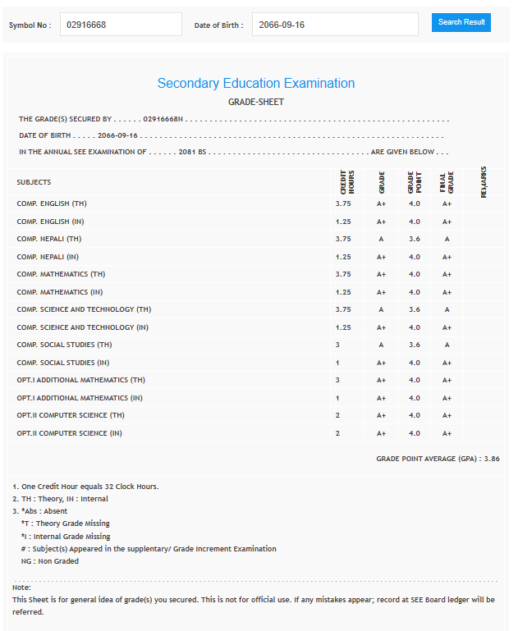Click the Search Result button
[x=461, y=22]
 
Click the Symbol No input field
[x=121, y=25]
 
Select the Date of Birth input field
[x=334, y=25]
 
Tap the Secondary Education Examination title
[x=256, y=84]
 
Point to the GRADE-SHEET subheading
[x=256, y=103]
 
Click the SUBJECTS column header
[x=34, y=182]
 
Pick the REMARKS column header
[x=484, y=182]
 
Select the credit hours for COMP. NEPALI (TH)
[x=343, y=239]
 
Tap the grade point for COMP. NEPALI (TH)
[x=414, y=239]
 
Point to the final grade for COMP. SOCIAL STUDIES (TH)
[x=447, y=345]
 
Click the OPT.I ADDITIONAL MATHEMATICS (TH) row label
[x=80, y=380]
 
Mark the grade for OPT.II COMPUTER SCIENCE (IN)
[x=381, y=433]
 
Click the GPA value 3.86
[x=491, y=459]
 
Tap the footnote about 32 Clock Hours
[x=85, y=487]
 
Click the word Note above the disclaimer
[x=21, y=588]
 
